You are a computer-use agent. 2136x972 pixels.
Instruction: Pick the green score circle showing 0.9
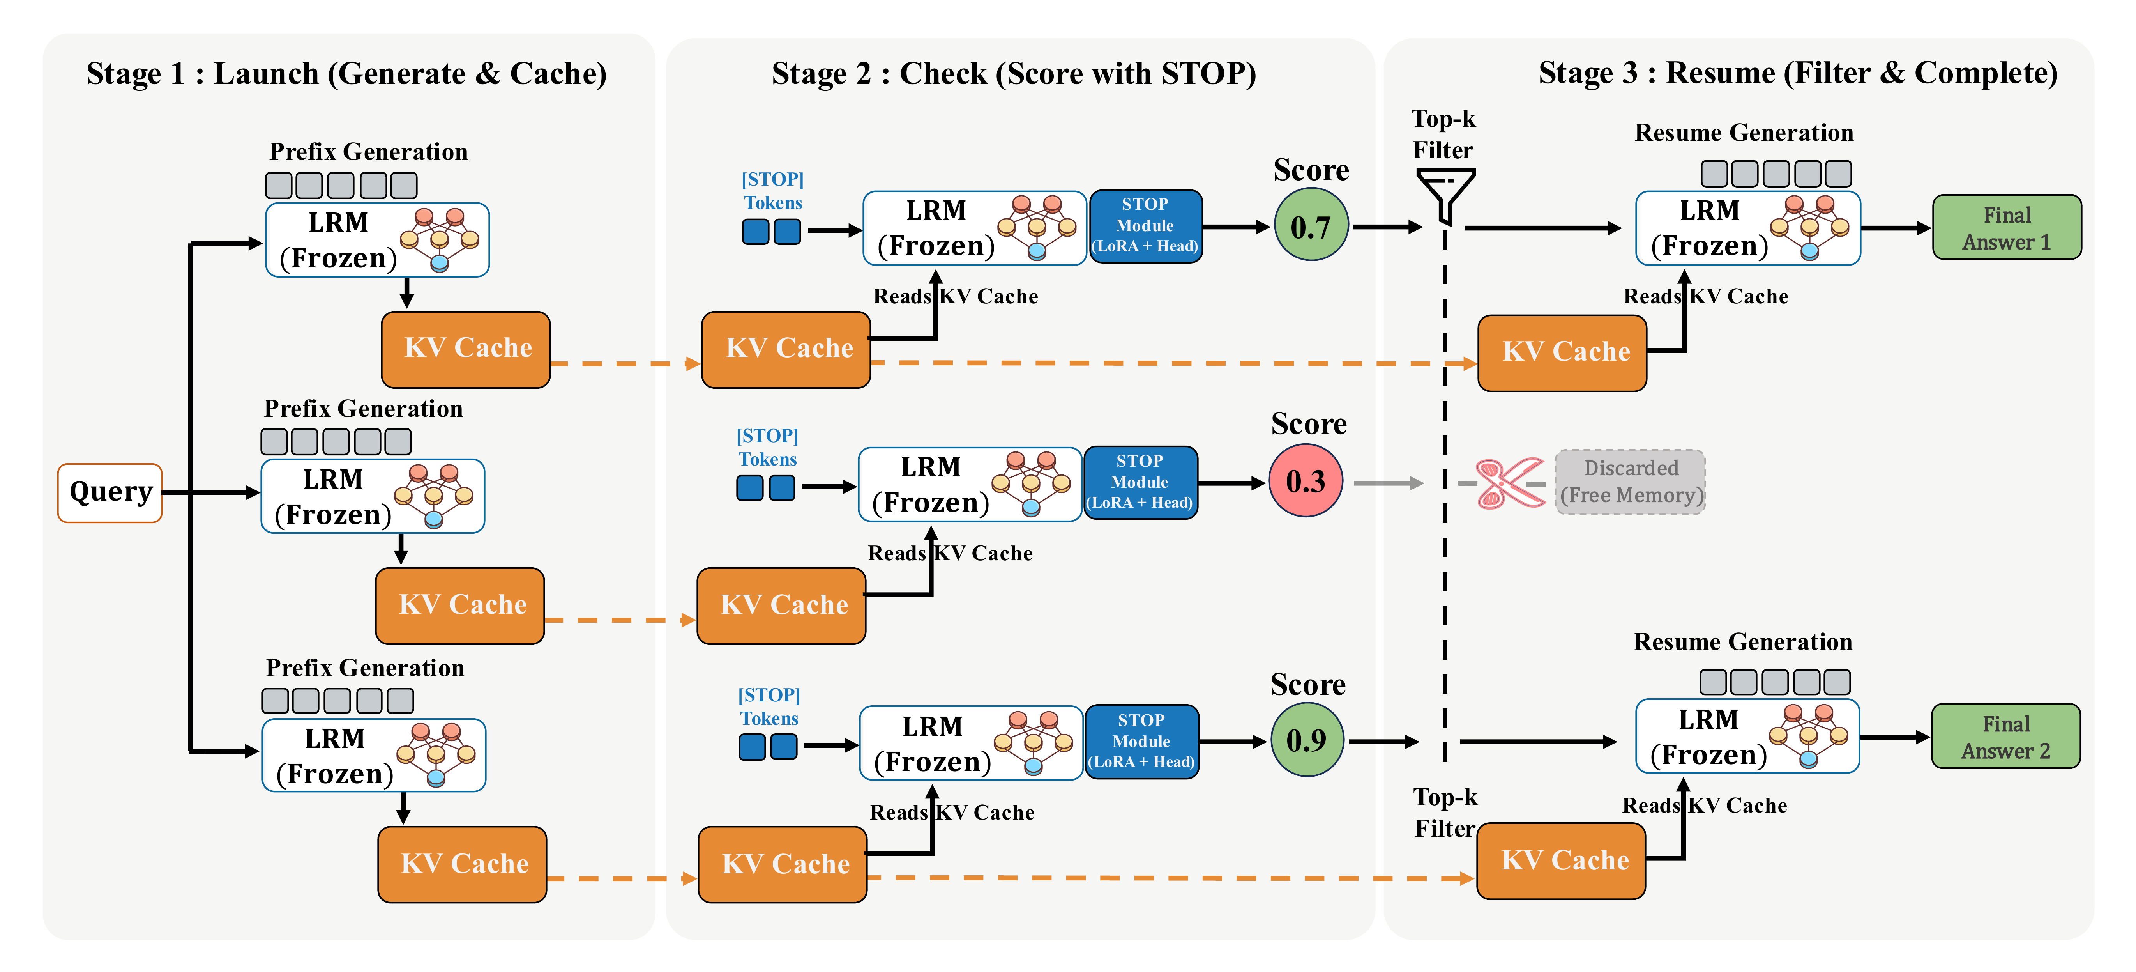point(1307,740)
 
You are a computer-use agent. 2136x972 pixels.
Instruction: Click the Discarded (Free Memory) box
point(1630,482)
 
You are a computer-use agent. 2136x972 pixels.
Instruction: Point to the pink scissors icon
point(1509,483)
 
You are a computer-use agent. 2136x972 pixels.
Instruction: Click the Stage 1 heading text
point(346,74)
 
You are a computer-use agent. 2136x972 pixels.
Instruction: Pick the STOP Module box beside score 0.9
point(1142,741)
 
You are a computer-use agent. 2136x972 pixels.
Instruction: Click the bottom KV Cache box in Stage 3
point(1561,861)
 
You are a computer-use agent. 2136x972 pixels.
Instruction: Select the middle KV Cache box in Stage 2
point(782,606)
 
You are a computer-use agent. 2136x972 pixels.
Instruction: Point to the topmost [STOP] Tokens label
point(773,191)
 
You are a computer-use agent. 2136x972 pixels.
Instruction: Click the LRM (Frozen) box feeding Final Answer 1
point(1747,228)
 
